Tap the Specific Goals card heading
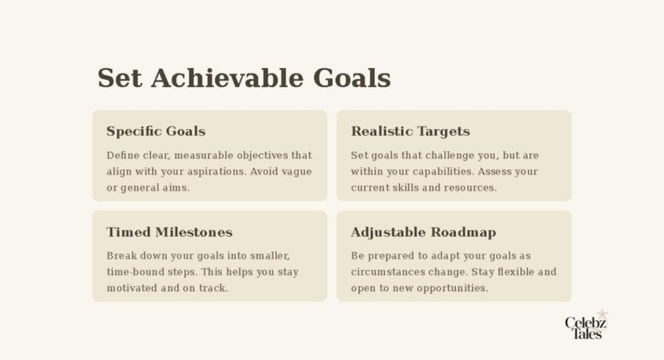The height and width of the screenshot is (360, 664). point(156,131)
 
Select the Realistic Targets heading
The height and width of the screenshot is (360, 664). point(410,131)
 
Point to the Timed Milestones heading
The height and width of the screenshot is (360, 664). point(169,232)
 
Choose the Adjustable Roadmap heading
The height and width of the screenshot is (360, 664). point(423,232)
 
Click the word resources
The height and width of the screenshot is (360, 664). point(471,188)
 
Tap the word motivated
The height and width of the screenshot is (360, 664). point(134,288)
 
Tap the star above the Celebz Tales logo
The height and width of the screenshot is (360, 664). point(602,314)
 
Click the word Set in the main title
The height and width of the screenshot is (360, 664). point(120,78)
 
